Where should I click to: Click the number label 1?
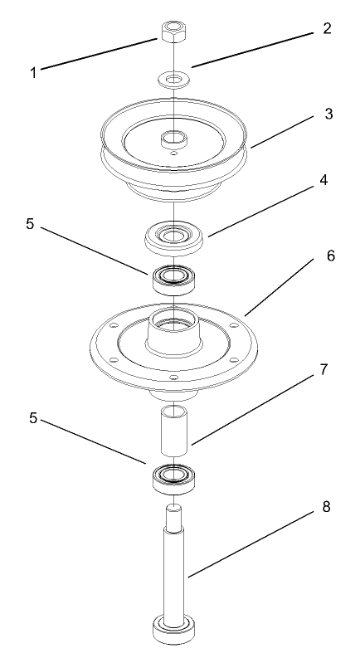[33, 72]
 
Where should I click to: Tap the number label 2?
[327, 28]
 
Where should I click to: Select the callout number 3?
[328, 114]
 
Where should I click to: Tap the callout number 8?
[328, 506]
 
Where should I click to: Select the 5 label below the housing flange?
[33, 419]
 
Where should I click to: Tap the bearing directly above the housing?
[173, 277]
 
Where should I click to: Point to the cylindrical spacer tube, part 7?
[173, 431]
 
